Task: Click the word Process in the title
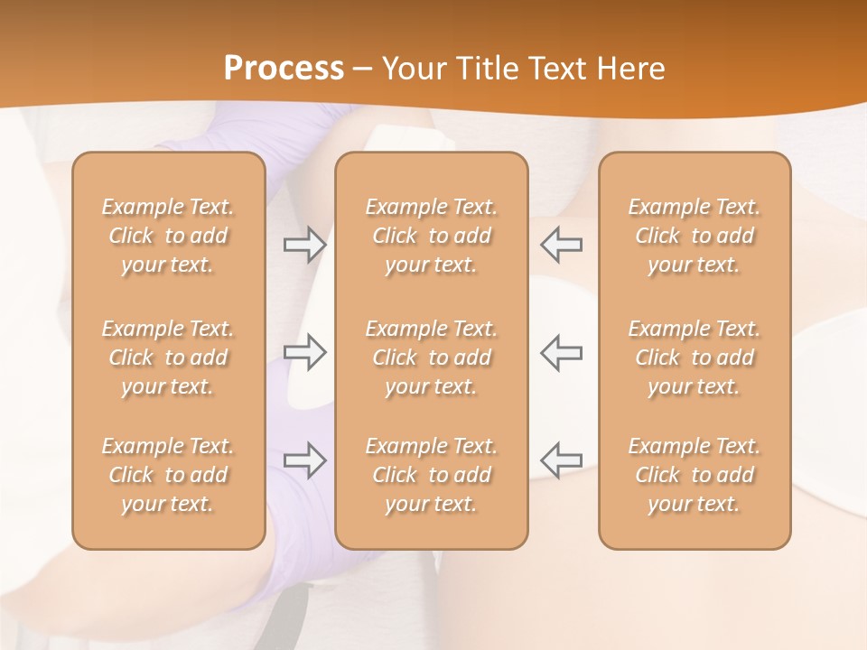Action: pos(284,69)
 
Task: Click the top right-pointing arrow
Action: pos(304,244)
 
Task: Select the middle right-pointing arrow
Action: pos(304,352)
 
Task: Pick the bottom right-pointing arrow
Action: pos(304,460)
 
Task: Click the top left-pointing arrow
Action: pos(562,244)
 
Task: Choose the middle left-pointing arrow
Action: pos(562,352)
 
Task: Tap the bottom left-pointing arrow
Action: pos(562,460)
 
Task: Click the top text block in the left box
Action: pos(168,236)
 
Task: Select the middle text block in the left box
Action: pos(168,357)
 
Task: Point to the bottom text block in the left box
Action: pos(168,475)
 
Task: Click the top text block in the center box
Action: pos(431,236)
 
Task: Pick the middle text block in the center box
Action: pos(431,357)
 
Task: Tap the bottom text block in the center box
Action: pos(431,475)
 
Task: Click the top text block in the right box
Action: pos(695,236)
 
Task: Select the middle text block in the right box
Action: pos(695,357)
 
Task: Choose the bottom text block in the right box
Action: pos(695,475)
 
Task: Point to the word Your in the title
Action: pos(413,69)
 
